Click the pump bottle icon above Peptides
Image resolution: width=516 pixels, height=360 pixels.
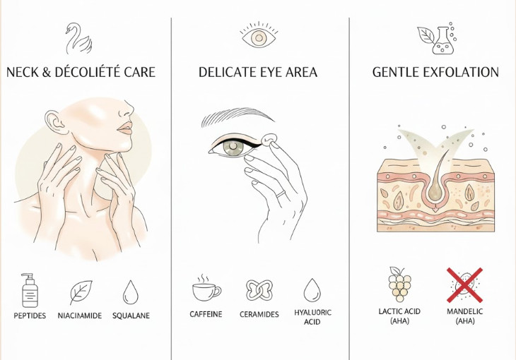click(29, 289)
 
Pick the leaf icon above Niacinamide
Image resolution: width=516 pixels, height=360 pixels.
click(81, 292)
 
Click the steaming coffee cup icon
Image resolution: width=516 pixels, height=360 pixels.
click(206, 289)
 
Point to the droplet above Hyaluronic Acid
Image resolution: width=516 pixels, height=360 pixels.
click(312, 290)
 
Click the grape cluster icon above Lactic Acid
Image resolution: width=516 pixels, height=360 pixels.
click(399, 284)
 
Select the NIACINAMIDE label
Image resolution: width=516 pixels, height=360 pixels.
click(81, 315)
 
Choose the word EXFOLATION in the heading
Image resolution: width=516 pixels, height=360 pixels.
click(463, 72)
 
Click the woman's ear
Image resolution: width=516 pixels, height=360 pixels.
click(52, 124)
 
